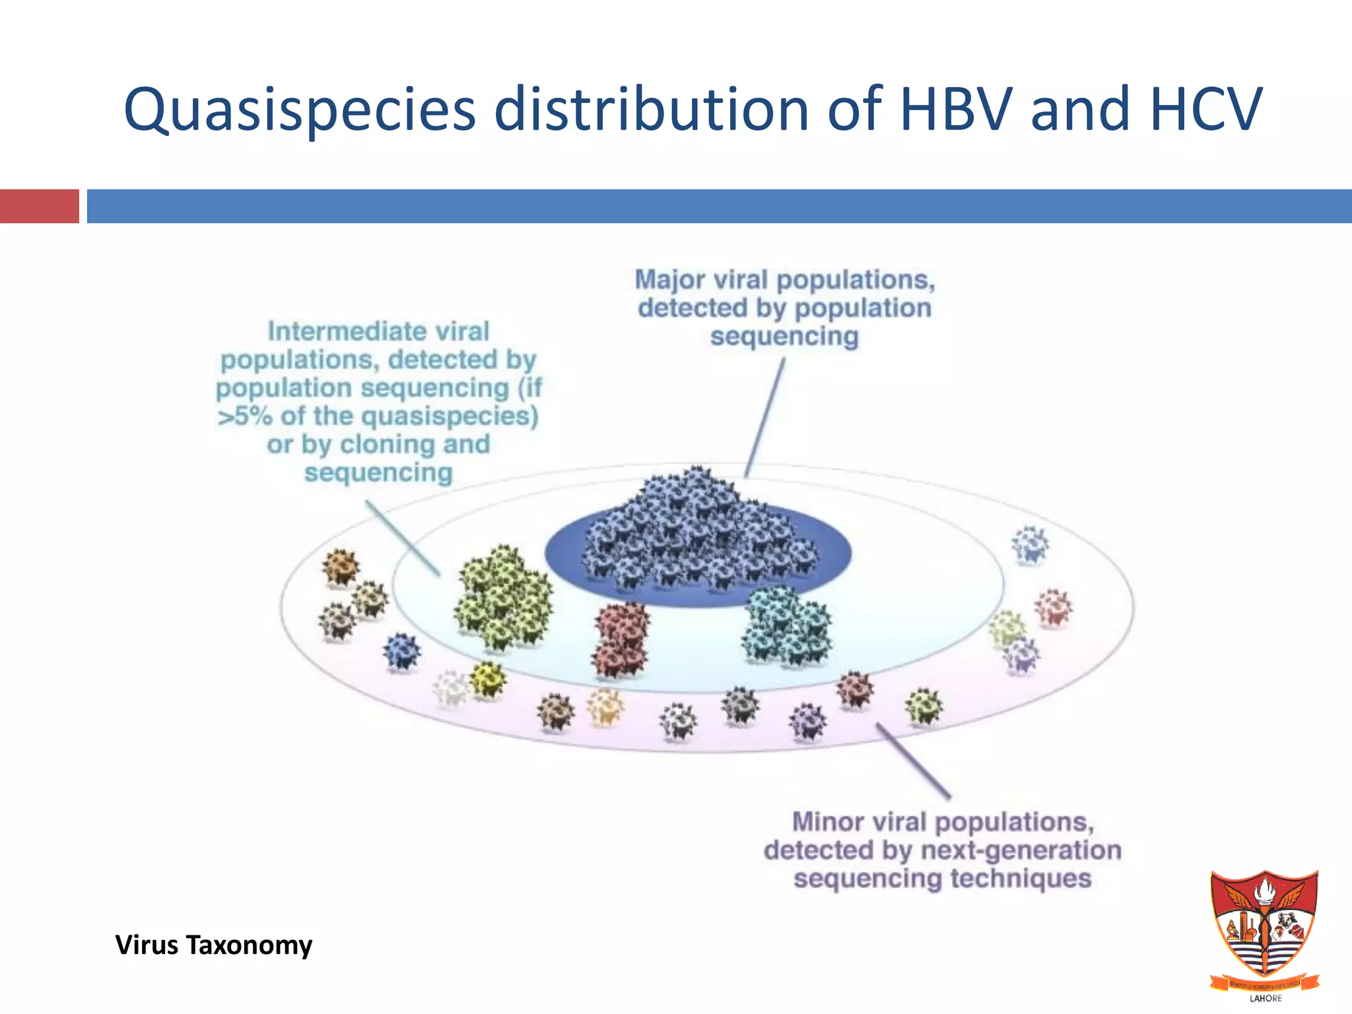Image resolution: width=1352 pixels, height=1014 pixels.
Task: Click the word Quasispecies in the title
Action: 299,110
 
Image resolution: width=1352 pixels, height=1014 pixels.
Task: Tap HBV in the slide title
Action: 955,110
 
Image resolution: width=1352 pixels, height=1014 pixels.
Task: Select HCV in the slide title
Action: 1205,110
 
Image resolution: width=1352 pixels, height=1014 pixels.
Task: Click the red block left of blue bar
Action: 39,206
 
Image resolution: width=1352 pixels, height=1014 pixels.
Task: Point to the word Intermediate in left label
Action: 378,331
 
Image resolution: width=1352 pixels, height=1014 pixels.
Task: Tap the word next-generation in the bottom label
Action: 1021,850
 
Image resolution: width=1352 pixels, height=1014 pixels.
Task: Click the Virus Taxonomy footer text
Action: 213,945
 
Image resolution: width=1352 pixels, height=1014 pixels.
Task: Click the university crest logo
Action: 1264,924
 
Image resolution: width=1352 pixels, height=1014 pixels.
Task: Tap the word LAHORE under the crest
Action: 1266,998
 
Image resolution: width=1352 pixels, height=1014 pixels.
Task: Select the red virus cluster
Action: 621,639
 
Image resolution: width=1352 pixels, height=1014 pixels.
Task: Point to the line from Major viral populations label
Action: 766,416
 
